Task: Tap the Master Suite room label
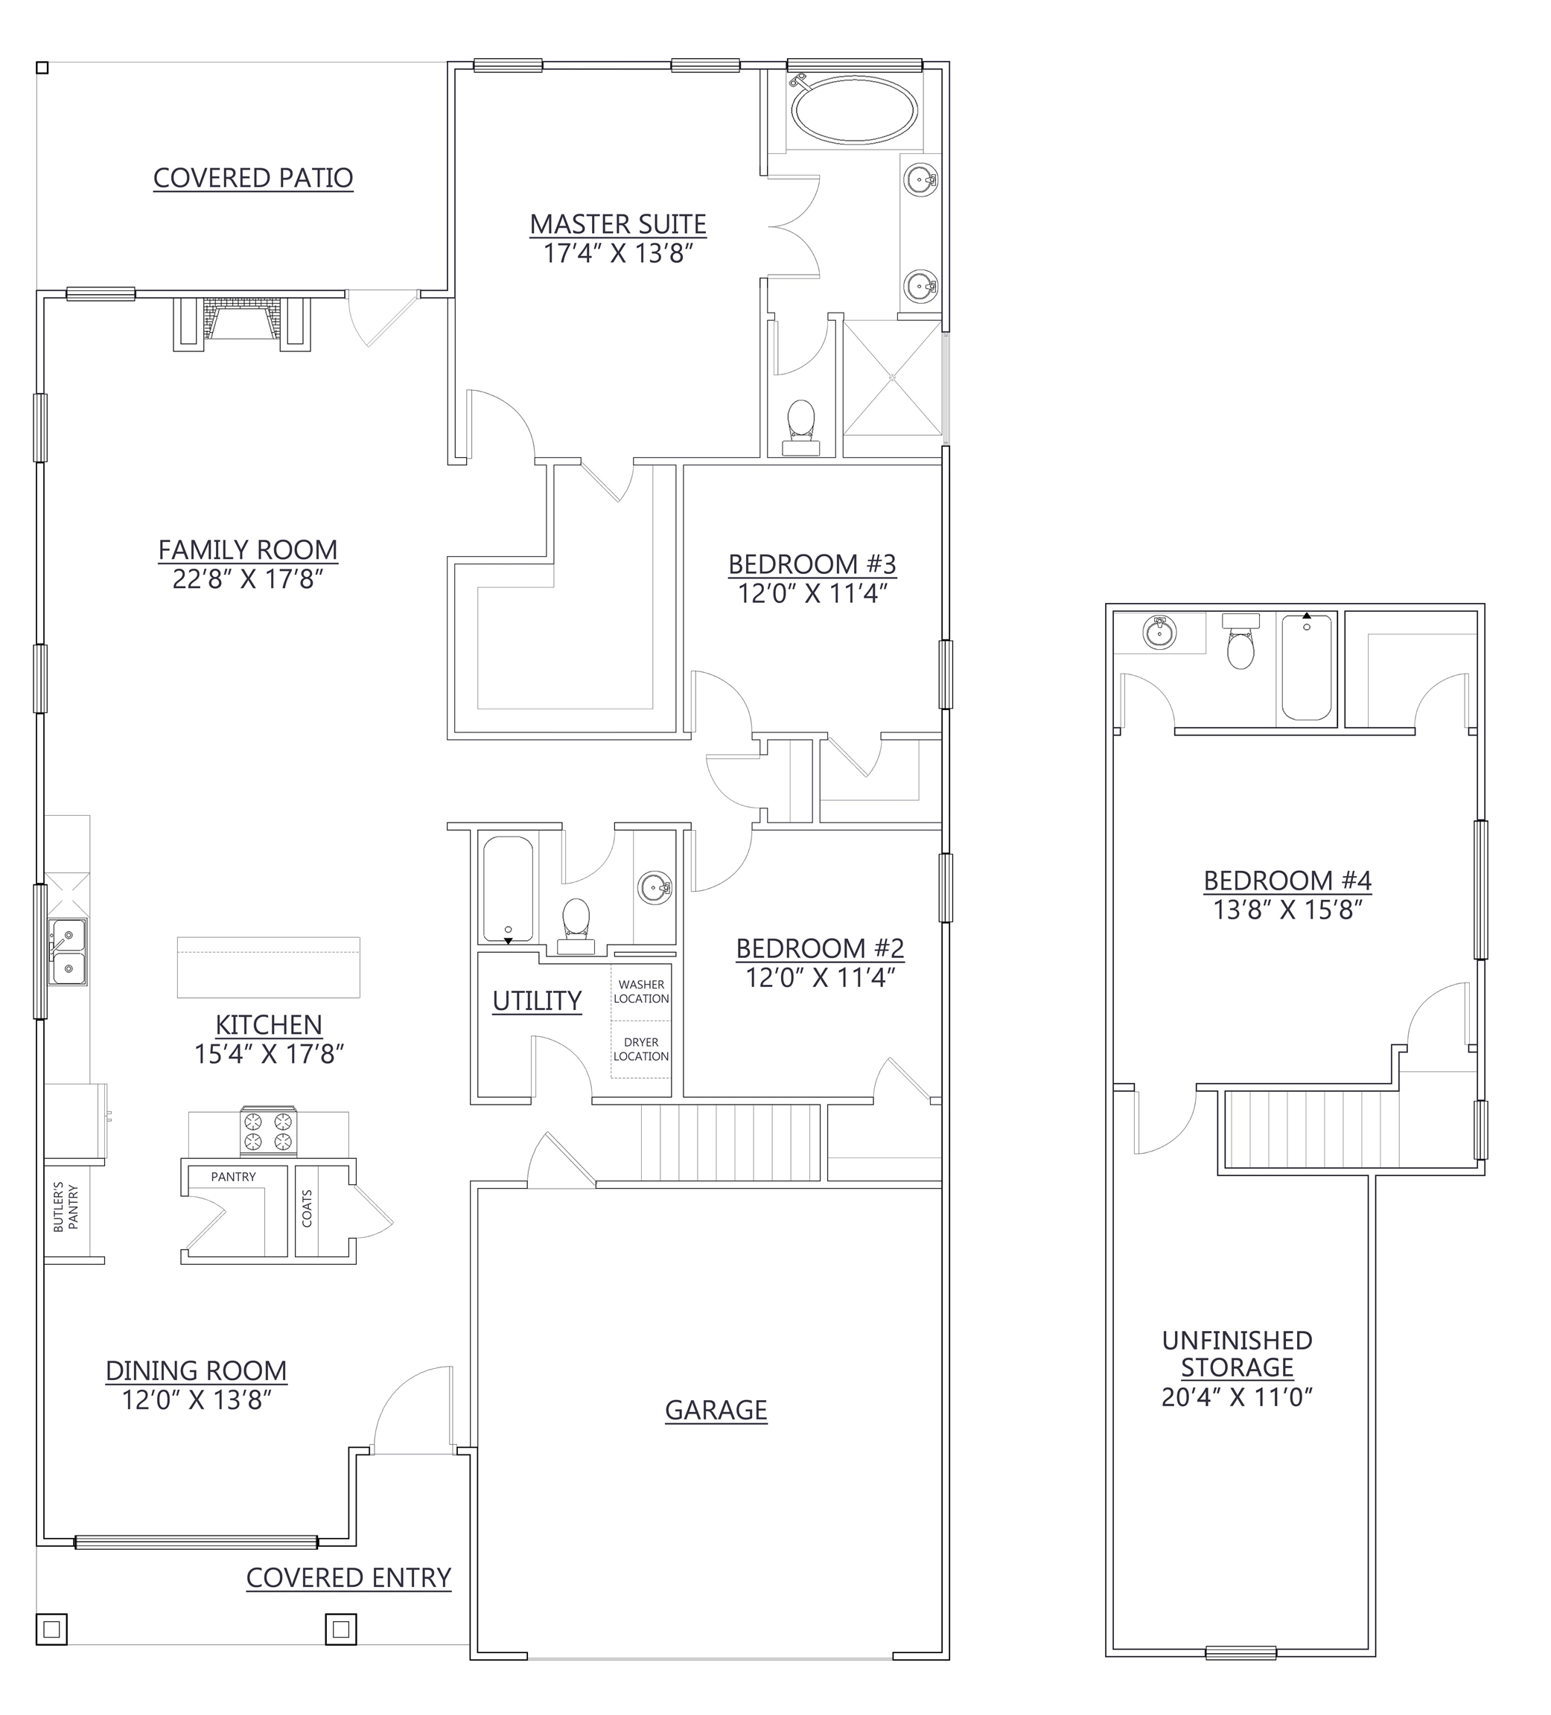[x=618, y=225]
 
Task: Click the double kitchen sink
[x=67, y=951]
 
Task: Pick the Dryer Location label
[x=642, y=1049]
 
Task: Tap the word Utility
[x=537, y=1001]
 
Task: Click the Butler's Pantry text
[x=66, y=1207]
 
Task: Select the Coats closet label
[x=307, y=1208]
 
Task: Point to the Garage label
[x=716, y=1411]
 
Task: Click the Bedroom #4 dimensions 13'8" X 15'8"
[x=1287, y=910]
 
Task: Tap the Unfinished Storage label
[x=1237, y=1353]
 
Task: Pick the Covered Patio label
[x=252, y=178]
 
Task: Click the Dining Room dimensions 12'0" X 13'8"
[x=196, y=1400]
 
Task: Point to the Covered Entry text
[x=348, y=1578]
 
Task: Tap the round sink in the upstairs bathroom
[x=1159, y=633]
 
